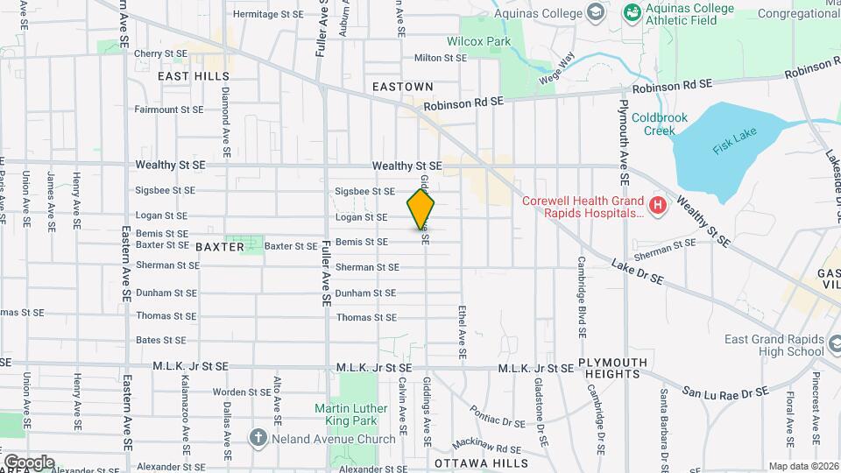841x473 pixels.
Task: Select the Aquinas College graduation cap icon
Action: (x=596, y=13)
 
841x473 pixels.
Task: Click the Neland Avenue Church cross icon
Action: (x=258, y=437)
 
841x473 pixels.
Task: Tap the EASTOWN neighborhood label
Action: (x=402, y=87)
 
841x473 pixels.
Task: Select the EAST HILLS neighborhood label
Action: (x=193, y=77)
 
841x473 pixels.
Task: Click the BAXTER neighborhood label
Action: (x=219, y=247)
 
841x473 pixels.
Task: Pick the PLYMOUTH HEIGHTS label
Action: (x=613, y=368)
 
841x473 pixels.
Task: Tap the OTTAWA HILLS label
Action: (x=481, y=462)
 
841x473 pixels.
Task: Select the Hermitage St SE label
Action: (x=268, y=15)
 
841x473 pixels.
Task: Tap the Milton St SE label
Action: (x=441, y=58)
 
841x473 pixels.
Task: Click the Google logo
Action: (x=28, y=462)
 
